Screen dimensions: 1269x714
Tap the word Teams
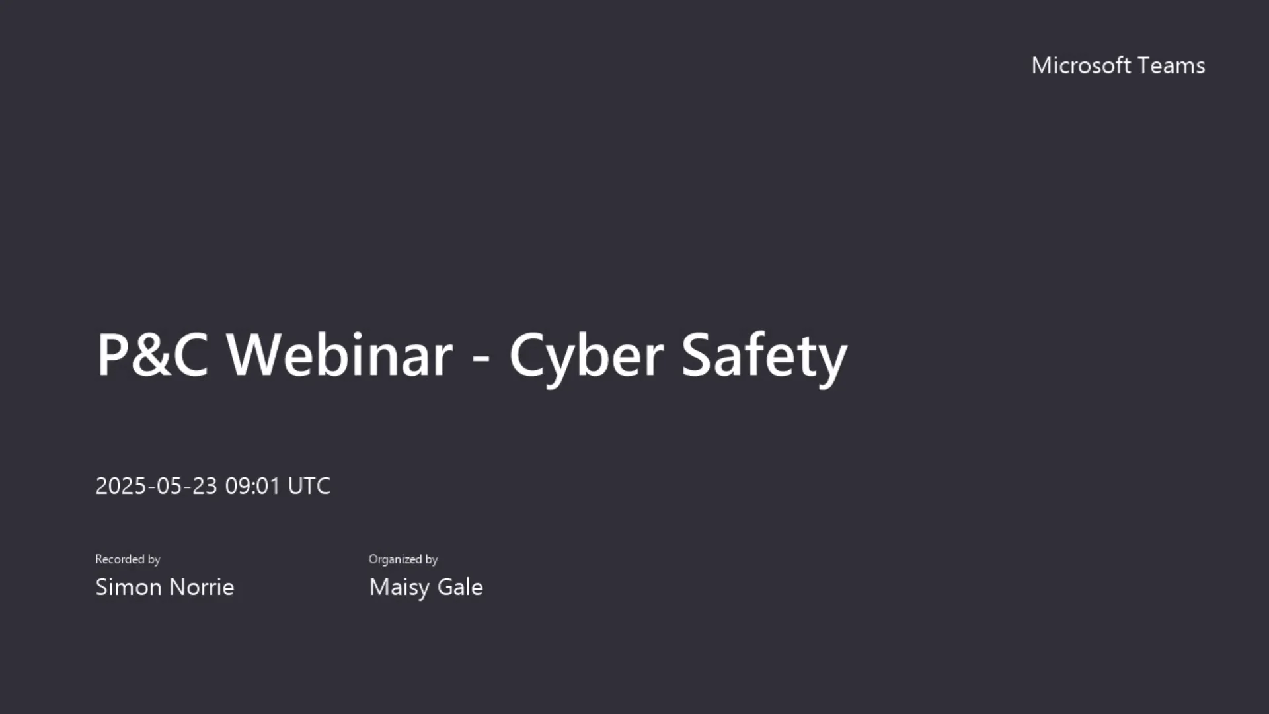click(1172, 65)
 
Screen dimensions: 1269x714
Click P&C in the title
click(152, 355)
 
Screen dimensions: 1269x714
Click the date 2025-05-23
click(156, 486)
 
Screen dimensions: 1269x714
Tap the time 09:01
click(253, 486)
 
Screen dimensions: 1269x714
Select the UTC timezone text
click(309, 486)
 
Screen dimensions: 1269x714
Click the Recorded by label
click(128, 559)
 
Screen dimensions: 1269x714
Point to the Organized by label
click(403, 559)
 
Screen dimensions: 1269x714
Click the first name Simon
click(128, 587)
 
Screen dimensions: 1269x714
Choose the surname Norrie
click(201, 587)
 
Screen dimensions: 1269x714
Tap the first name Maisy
click(399, 588)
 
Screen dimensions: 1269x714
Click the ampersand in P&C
click(152, 355)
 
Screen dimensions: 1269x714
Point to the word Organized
click(395, 560)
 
